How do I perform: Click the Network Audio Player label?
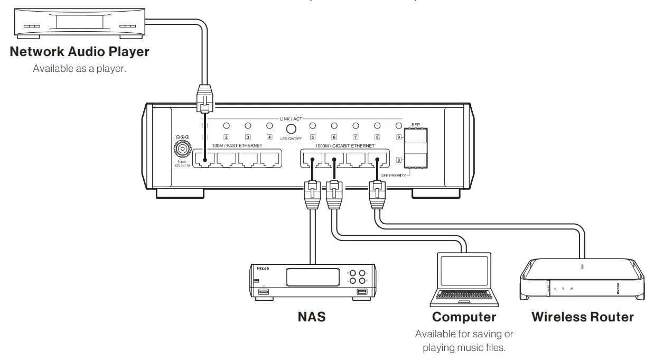click(79, 52)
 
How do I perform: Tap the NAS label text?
click(312, 317)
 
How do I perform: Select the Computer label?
click(464, 317)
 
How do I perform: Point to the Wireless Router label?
click(582, 317)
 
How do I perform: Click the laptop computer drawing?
click(464, 280)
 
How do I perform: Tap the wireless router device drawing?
click(582, 280)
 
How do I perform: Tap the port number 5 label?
click(313, 137)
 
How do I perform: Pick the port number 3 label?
click(247, 137)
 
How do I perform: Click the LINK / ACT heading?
click(291, 119)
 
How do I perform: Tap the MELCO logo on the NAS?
click(263, 269)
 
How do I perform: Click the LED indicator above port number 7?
click(356, 126)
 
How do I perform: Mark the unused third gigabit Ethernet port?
click(356, 160)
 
